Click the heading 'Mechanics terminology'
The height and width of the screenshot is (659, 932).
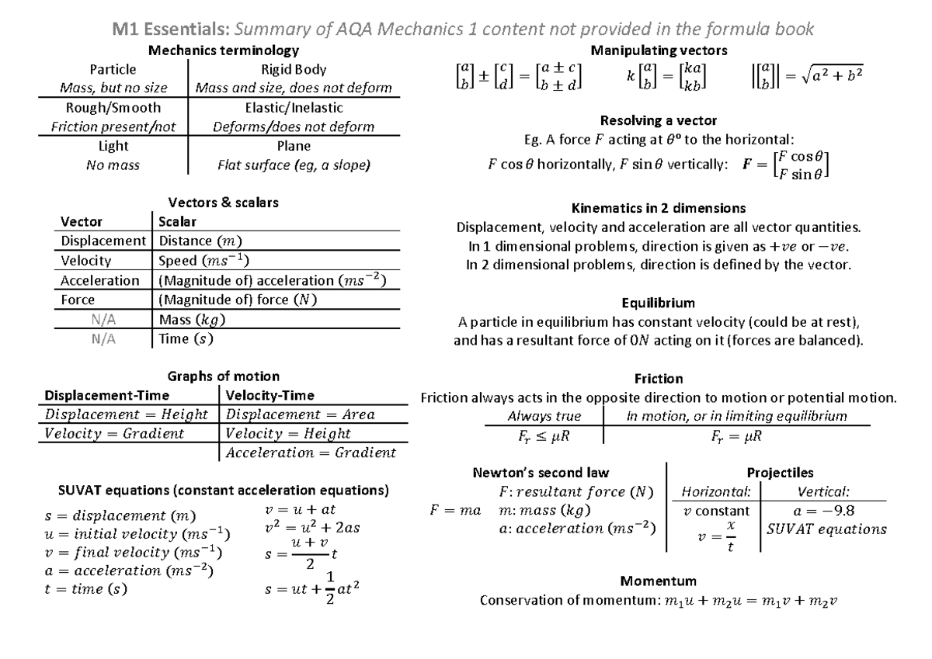point(224,50)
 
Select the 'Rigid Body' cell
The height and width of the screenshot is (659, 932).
point(294,70)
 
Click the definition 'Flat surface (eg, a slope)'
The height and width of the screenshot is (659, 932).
point(294,165)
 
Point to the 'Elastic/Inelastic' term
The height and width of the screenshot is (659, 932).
point(294,108)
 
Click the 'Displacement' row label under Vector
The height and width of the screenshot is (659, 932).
point(103,241)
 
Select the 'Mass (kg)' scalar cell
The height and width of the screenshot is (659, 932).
point(189,319)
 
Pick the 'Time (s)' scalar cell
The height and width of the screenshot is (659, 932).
point(185,338)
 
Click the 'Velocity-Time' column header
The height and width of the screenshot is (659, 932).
point(270,395)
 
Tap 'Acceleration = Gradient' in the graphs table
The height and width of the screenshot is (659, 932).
point(311,453)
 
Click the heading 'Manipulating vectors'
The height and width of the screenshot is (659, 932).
point(659,50)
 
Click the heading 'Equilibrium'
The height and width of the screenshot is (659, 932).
point(658,302)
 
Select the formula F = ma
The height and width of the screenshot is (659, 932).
point(455,510)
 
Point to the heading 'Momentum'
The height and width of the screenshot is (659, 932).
point(658,581)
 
